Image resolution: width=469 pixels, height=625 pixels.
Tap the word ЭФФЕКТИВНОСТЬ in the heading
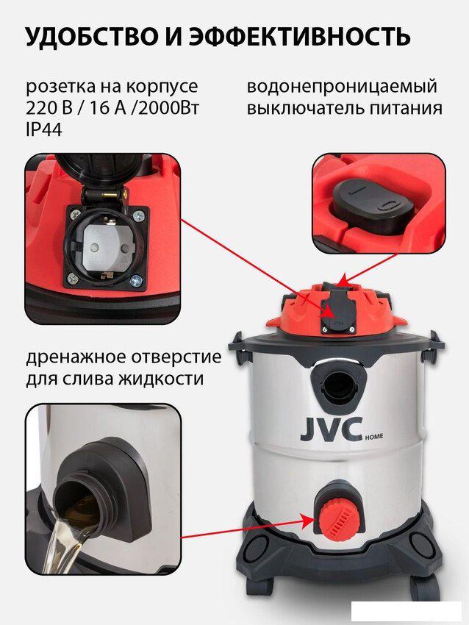click(300, 37)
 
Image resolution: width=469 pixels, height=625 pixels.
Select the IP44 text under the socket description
click(44, 129)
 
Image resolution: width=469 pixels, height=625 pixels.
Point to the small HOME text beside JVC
click(374, 437)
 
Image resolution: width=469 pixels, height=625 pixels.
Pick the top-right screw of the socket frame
click(139, 216)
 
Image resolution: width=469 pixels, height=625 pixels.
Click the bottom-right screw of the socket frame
click(135, 280)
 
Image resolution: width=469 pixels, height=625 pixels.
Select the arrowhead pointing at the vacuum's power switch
click(343, 281)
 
